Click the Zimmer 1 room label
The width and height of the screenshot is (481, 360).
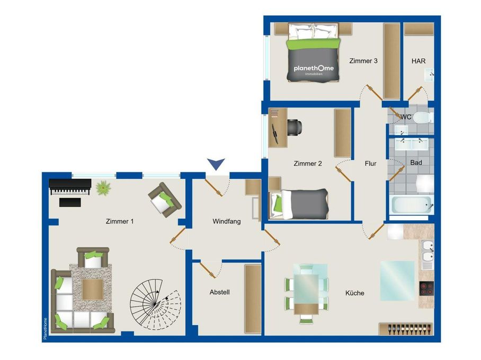pyautogui.click(x=120, y=221)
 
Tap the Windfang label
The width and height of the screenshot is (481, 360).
pyautogui.click(x=226, y=221)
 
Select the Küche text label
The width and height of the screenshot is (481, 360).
pyautogui.click(x=354, y=293)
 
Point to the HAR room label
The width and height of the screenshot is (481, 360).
pyautogui.click(x=418, y=61)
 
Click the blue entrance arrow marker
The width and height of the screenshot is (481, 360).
pyautogui.click(x=216, y=164)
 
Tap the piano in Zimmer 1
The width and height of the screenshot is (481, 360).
pyautogui.click(x=70, y=187)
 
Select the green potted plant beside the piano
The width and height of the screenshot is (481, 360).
pyautogui.click(x=103, y=187)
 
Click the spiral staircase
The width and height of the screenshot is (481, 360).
pyautogui.click(x=156, y=304)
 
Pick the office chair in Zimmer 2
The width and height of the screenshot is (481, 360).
pyautogui.click(x=295, y=127)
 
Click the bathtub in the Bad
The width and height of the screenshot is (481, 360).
pyautogui.click(x=412, y=205)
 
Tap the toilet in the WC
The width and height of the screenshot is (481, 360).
pyautogui.click(x=423, y=118)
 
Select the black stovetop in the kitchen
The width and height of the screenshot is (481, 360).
pyautogui.click(x=426, y=289)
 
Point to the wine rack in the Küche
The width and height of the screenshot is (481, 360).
pyautogui.click(x=406, y=329)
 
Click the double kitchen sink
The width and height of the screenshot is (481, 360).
pyautogui.click(x=427, y=255)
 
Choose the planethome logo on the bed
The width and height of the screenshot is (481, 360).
pyautogui.click(x=314, y=69)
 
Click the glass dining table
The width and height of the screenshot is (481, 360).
pyautogui.click(x=306, y=293)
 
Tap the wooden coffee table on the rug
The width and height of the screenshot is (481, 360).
pyautogui.click(x=93, y=289)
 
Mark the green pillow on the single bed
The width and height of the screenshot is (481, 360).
pyautogui.click(x=278, y=204)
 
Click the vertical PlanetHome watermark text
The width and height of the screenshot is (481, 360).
pyautogui.click(x=46, y=328)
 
